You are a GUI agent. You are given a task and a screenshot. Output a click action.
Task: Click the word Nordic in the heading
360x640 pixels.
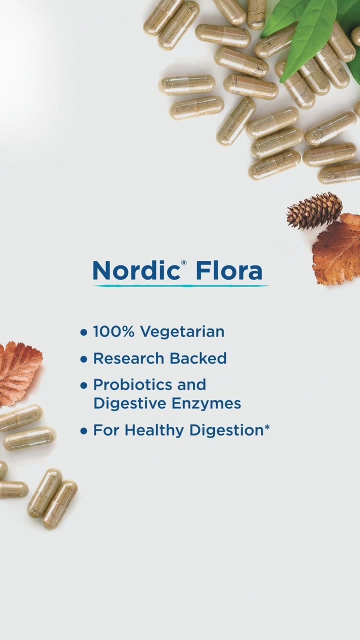pos(135,270)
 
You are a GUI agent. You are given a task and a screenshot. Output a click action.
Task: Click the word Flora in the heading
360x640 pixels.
pos(229,270)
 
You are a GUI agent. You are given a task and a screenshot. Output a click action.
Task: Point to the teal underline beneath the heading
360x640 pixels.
pos(180,285)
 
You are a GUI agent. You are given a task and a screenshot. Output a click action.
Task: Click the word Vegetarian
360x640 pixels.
pos(182,332)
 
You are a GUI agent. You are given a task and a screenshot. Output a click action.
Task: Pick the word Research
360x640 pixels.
pos(128,358)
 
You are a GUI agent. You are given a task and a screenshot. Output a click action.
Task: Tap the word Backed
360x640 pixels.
pos(198,358)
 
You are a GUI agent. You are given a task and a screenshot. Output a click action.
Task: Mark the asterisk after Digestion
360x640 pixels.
pos(267,427)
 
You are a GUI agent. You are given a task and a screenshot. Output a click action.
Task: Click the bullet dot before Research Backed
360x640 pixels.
pos(83,359)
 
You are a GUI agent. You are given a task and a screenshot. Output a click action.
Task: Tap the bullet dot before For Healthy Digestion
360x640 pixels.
pos(83,431)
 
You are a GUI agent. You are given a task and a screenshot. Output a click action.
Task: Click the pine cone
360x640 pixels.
pos(314,210)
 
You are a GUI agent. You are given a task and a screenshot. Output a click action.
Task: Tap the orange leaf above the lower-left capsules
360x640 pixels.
pos(19,373)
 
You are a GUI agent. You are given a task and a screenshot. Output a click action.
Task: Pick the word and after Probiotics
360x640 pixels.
pos(191,384)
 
